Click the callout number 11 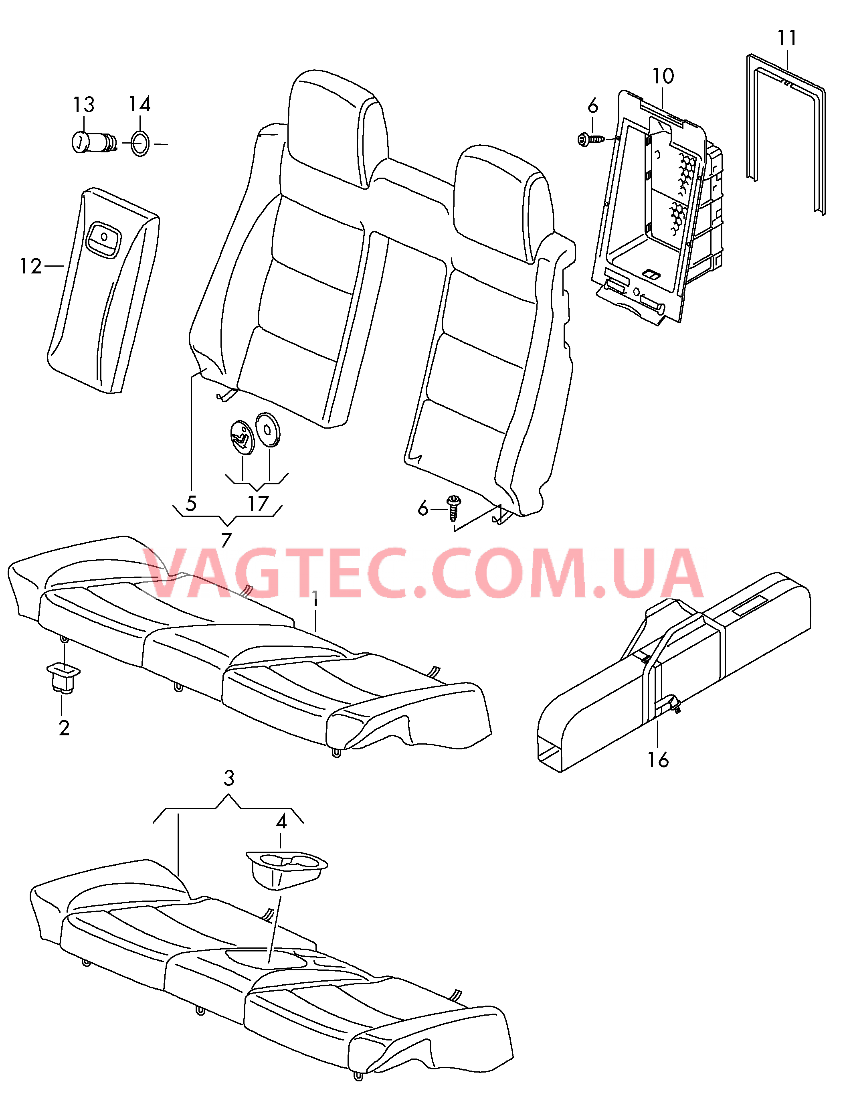[x=787, y=38]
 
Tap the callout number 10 [x=663, y=76]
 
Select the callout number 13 [x=83, y=105]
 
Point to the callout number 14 [x=139, y=104]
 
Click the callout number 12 [x=30, y=266]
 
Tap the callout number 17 [x=258, y=504]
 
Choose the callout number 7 [x=226, y=540]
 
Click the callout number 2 [x=64, y=728]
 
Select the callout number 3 [x=228, y=778]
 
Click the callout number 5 [x=191, y=504]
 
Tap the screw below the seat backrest [x=454, y=508]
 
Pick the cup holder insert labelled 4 [x=286, y=870]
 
